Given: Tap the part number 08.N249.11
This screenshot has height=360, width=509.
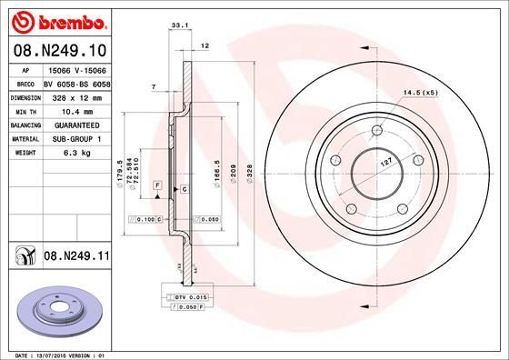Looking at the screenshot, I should click(x=77, y=257).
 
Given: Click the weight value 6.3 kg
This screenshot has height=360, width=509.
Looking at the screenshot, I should click(x=69, y=155).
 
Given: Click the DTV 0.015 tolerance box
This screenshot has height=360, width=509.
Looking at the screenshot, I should click(x=190, y=297).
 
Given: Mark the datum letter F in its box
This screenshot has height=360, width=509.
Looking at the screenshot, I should click(x=158, y=185).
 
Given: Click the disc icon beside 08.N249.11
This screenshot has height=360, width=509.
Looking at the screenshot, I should click(x=23, y=257).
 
